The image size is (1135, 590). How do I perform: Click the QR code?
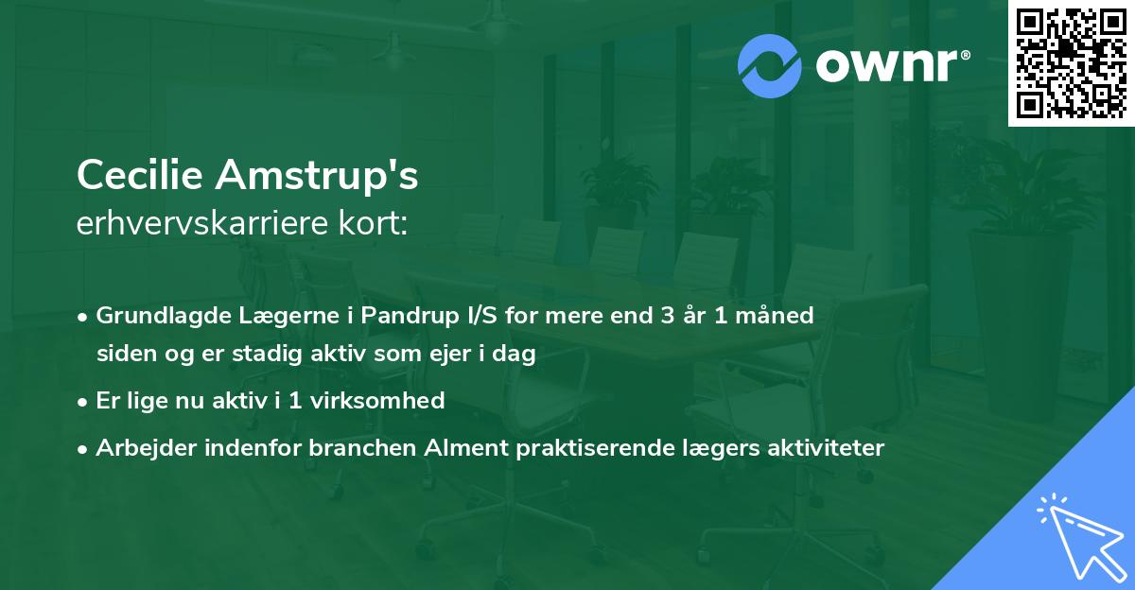click(1071, 62)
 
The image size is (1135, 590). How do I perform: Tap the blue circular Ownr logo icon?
click(769, 66)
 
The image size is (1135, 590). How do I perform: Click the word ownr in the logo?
click(887, 65)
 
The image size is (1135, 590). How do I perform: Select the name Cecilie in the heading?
click(140, 174)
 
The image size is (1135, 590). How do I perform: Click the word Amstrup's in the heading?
click(317, 175)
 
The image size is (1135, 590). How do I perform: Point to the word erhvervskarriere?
click(202, 223)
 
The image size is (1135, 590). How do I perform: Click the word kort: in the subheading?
click(373, 223)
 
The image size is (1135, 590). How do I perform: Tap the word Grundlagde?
click(164, 316)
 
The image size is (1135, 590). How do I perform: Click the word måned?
click(775, 315)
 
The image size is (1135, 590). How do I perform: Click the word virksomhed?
click(377, 400)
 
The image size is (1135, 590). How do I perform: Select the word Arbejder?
click(146, 447)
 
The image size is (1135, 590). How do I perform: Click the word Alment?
click(466, 447)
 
